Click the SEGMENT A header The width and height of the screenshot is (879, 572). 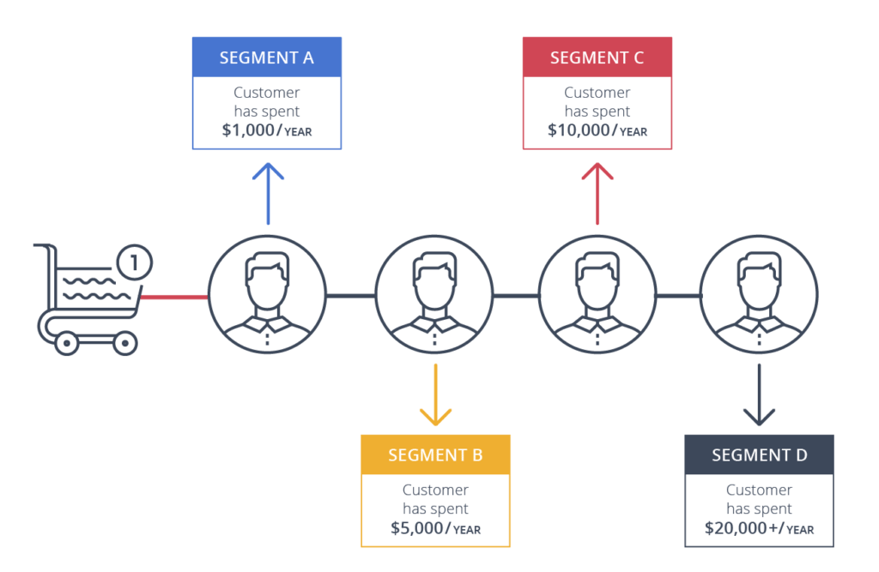click(x=267, y=57)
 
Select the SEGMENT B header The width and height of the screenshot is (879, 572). click(x=435, y=455)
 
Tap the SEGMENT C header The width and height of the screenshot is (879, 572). click(x=597, y=57)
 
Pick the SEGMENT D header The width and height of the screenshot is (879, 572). click(x=759, y=455)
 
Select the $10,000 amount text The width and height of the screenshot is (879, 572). click(x=579, y=130)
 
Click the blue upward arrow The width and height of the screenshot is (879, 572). click(x=269, y=193)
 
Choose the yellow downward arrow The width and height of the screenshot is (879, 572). click(x=435, y=395)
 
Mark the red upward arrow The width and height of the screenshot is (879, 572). click(x=597, y=193)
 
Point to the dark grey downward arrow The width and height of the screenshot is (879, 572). click(x=759, y=395)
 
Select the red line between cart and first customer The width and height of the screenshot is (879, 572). click(x=174, y=298)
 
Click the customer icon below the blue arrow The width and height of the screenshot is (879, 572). click(x=267, y=297)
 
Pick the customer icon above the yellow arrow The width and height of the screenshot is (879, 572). click(x=434, y=297)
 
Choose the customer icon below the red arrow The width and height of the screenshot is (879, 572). click(x=597, y=297)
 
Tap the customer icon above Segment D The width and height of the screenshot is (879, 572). click(x=759, y=297)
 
